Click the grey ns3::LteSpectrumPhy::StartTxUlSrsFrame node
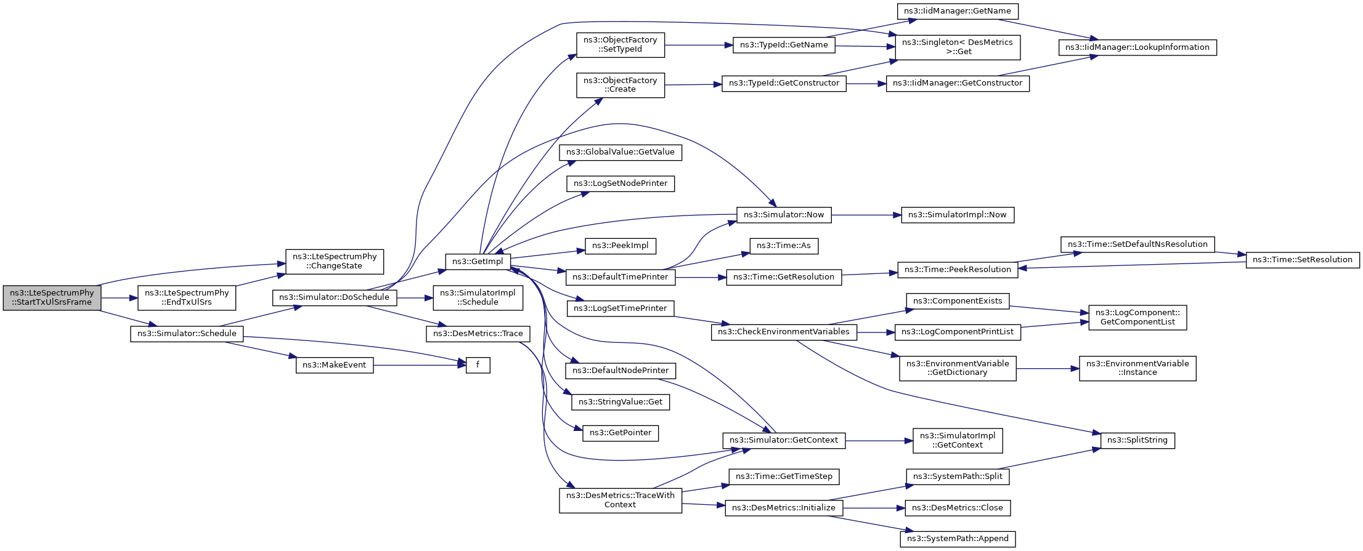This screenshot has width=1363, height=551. click(52, 298)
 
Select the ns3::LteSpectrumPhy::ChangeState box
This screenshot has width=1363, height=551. click(335, 262)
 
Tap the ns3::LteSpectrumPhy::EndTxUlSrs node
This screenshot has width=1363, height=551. click(187, 298)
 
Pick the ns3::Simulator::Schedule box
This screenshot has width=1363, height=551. click(187, 334)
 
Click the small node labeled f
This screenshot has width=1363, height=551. click(478, 365)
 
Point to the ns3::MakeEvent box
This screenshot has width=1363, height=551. click(335, 365)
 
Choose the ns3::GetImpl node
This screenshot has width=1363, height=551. click(478, 262)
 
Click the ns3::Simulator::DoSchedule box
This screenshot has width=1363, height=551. click(335, 297)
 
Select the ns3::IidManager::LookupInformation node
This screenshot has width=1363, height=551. click(1137, 47)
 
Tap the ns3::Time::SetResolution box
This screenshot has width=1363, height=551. click(1303, 260)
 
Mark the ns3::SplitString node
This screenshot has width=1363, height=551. click(1137, 440)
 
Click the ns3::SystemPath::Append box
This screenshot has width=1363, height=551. click(958, 539)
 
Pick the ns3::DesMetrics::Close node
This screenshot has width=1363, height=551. click(958, 508)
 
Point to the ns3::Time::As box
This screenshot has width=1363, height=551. click(784, 246)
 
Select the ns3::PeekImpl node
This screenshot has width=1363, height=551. click(620, 246)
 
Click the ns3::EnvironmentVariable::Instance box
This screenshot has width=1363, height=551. click(1137, 368)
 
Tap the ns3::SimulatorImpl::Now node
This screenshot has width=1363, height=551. click(958, 215)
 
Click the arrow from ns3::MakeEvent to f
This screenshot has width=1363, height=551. click(419, 365)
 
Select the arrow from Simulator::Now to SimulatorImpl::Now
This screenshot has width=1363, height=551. click(866, 215)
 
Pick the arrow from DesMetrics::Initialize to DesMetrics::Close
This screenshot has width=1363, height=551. click(874, 508)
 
